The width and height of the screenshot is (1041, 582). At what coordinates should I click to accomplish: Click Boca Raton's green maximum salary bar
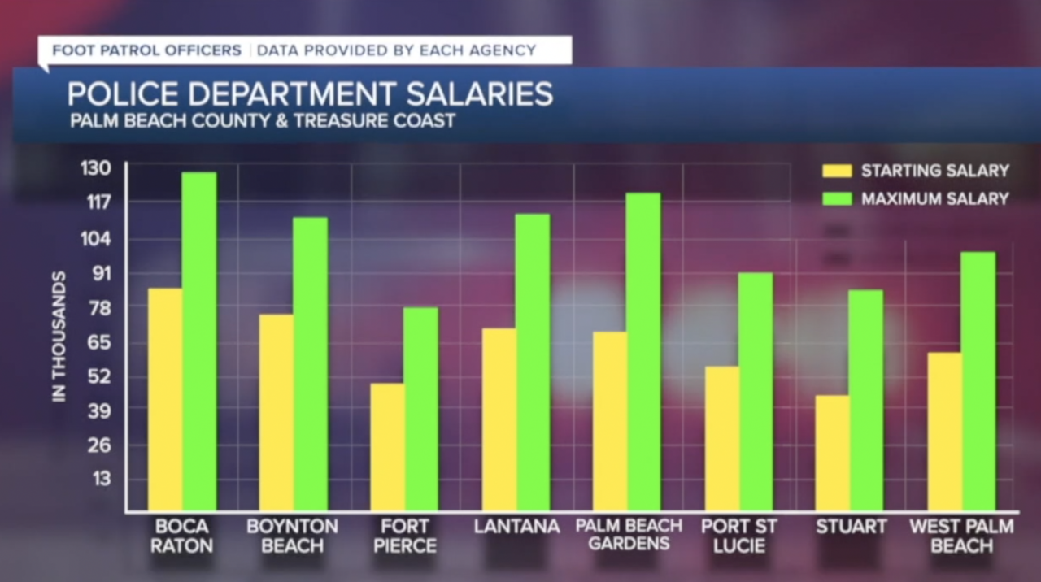199,341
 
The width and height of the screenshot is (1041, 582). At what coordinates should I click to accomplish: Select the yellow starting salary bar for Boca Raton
165,398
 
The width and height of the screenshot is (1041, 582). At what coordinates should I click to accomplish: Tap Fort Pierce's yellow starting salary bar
387,446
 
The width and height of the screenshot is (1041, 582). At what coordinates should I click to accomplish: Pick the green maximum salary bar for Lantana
533,362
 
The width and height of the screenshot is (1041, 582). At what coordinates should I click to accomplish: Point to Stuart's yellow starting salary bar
833,453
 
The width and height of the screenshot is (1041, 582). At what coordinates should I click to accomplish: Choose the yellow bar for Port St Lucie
722,438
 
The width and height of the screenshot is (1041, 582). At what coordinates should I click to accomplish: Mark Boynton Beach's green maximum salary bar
311,363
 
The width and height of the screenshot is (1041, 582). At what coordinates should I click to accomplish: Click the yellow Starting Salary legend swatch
837,171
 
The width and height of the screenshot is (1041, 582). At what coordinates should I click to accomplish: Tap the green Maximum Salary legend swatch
837,198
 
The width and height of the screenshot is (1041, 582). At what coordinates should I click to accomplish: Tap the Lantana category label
517,527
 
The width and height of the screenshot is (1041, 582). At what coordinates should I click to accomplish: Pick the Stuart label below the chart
851,527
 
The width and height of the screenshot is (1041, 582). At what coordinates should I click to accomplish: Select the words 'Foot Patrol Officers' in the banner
147,50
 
